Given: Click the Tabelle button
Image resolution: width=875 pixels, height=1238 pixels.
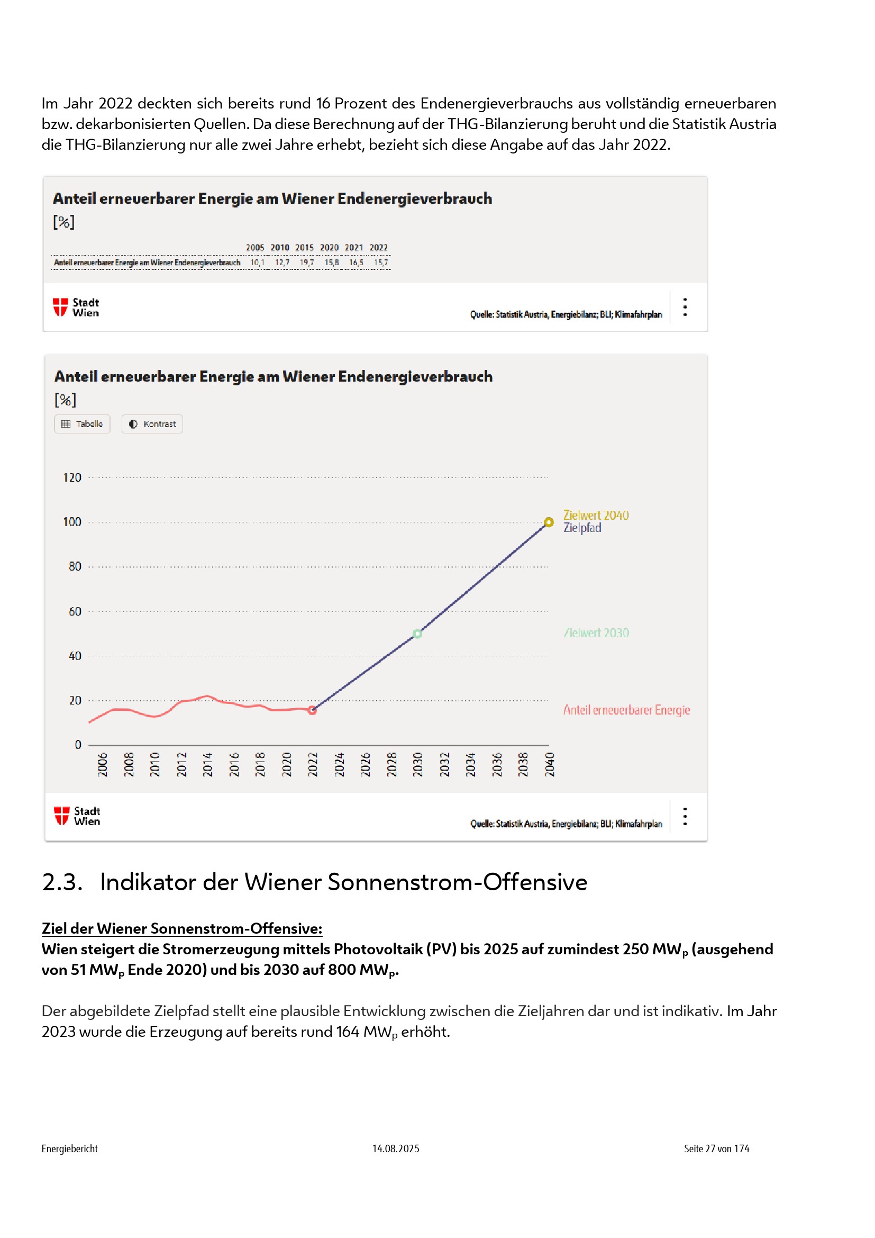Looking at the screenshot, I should coord(82,424).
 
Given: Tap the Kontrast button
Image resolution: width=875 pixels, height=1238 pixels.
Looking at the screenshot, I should coord(152,424).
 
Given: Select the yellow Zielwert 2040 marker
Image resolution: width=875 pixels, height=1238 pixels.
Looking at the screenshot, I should coord(549,522).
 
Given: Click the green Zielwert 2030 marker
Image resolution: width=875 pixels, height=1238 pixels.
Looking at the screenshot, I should coord(417,634).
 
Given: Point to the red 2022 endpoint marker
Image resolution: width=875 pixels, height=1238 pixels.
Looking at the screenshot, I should coord(313,710).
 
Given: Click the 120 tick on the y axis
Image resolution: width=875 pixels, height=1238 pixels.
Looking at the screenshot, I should coord(72,477).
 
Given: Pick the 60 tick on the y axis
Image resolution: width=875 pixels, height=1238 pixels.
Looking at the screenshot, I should coord(75,611).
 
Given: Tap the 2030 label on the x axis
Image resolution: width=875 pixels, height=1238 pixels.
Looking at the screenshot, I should coord(417,764).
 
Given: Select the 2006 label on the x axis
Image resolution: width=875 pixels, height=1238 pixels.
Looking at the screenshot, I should coord(103,764).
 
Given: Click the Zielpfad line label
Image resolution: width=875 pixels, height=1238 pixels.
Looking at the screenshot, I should coord(582,528).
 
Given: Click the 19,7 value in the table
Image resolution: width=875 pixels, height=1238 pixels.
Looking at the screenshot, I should coord(307,263).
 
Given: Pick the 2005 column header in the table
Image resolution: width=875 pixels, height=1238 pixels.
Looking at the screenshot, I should coord(255,248).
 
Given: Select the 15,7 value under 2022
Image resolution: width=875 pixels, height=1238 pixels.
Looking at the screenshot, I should coord(381,263).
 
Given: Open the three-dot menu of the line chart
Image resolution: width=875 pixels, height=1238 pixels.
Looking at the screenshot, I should coord(685,816).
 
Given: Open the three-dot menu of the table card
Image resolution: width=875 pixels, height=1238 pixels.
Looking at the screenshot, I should coord(685,307).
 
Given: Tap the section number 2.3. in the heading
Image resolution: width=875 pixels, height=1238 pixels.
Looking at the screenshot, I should coord(62,882).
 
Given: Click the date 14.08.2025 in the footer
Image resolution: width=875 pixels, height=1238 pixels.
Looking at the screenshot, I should coord(396,1149).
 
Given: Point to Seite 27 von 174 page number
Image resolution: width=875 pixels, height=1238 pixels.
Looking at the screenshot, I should coord(716,1149).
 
